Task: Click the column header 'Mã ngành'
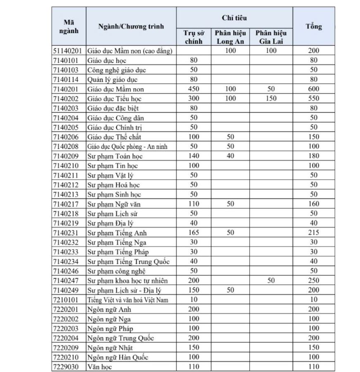point(69,26)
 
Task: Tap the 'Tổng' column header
point(314,26)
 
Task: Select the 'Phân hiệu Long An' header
point(231,37)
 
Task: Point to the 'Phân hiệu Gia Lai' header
point(271,37)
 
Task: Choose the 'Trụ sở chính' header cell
point(193,37)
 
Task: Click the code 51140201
point(69,51)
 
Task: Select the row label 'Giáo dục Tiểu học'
point(112,99)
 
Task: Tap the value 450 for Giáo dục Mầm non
point(193,89)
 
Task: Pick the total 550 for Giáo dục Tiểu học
point(314,99)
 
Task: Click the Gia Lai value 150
point(271,99)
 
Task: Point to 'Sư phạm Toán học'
point(112,156)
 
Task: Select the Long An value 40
point(231,156)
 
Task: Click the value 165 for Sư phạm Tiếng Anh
point(193,233)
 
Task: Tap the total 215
point(314,233)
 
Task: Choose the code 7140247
point(69,281)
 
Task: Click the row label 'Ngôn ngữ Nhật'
point(110,348)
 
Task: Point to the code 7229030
point(69,367)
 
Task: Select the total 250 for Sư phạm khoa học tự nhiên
point(314,281)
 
